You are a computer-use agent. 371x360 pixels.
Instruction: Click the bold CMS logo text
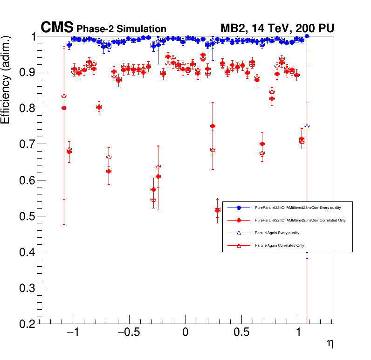coord(57,28)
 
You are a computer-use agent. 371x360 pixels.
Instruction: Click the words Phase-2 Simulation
coord(121,29)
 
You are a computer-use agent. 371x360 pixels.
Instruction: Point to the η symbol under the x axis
coord(330,344)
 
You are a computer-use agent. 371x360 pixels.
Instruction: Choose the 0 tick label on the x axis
coord(185,334)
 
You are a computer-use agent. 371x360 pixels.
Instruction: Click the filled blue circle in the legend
coord(239,207)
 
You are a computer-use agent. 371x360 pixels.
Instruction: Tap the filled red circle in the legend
coord(239,220)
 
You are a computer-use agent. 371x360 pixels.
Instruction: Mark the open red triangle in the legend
coord(239,245)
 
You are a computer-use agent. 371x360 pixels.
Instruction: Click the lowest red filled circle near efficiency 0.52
coord(217,210)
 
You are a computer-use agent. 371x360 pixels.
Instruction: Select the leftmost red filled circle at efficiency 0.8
coord(64,108)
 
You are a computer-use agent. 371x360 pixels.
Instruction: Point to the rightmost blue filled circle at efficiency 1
coord(307,36)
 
